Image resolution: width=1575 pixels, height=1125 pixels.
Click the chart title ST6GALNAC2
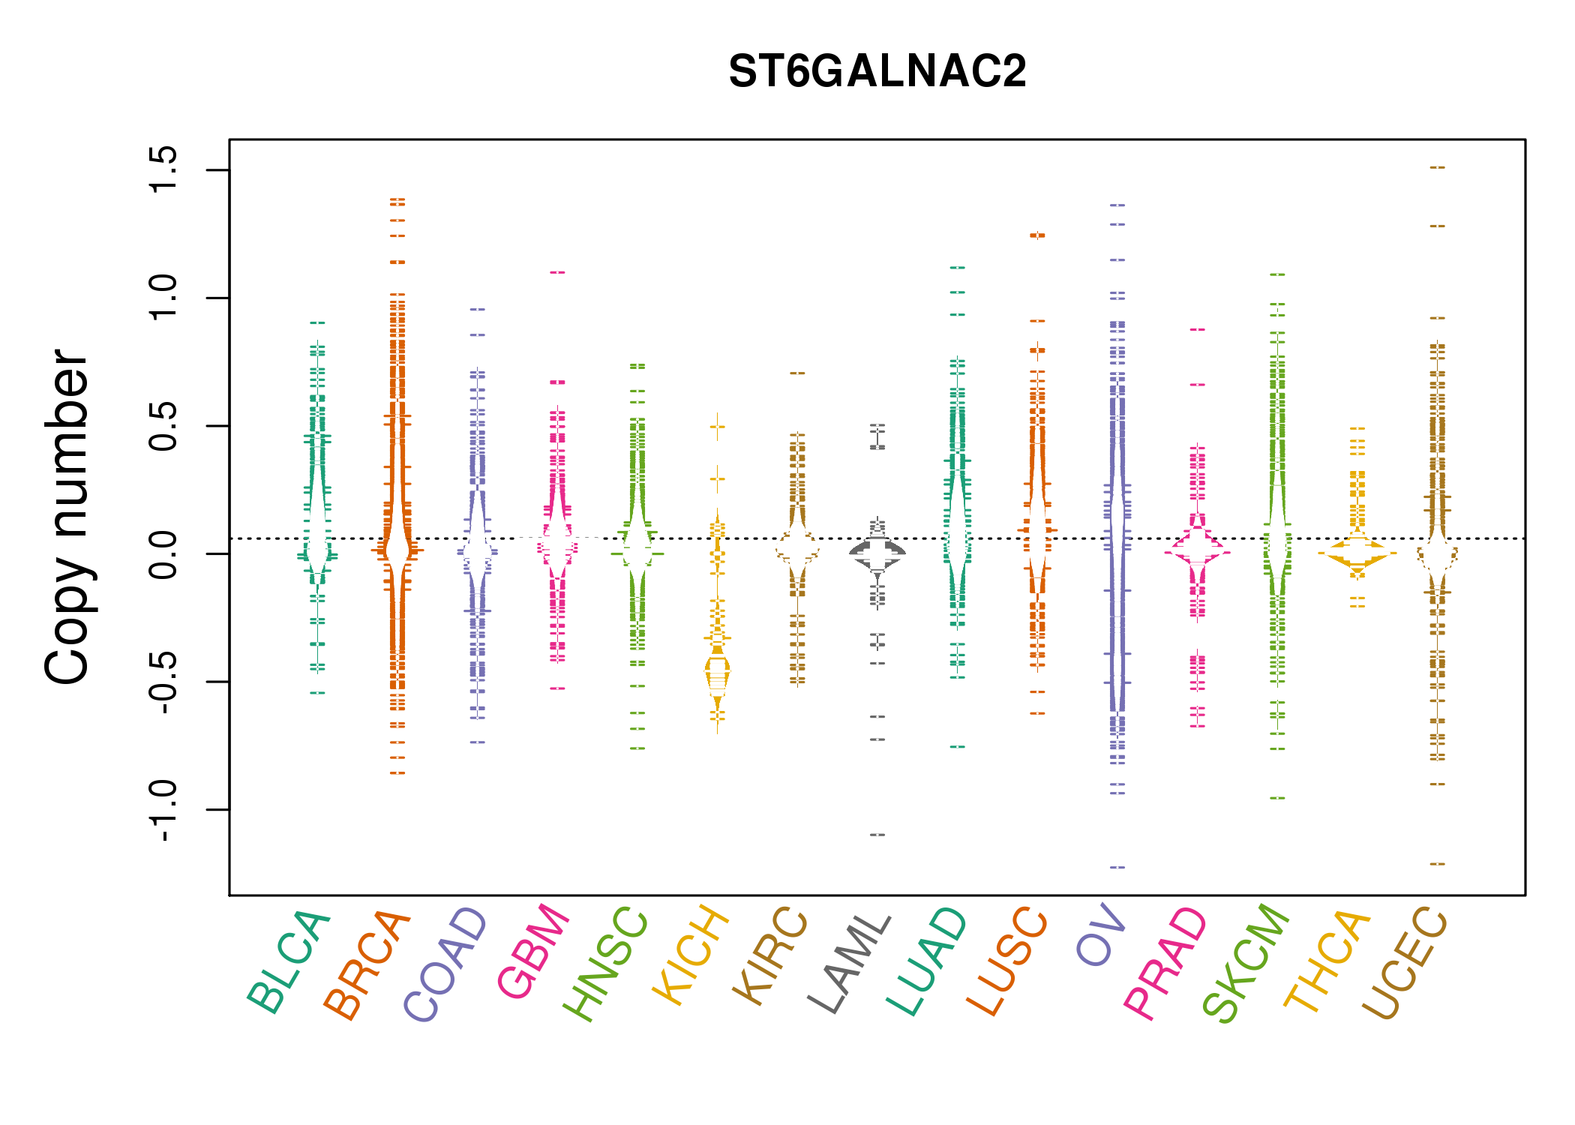[877, 72]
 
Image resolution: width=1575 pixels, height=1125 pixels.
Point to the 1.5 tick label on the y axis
[163, 169]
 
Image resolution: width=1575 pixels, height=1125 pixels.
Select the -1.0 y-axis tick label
[163, 810]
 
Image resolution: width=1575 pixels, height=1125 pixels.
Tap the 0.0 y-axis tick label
[163, 553]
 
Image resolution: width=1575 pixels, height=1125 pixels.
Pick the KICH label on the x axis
[691, 955]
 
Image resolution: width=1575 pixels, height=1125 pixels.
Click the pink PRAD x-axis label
[1165, 963]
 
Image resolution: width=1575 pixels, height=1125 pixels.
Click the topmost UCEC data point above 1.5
[1437, 167]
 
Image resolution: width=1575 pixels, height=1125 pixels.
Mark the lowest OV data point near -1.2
[1117, 867]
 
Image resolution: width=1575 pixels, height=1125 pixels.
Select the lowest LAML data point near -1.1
[877, 835]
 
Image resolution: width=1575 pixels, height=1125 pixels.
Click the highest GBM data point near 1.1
[557, 272]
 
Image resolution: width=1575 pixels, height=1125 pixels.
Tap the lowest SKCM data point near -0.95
[1277, 798]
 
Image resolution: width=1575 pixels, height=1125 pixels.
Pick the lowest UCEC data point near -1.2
[1437, 864]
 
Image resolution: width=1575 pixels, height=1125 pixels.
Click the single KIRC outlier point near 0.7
[797, 373]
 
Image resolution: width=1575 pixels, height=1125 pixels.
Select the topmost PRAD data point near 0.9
[1198, 329]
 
